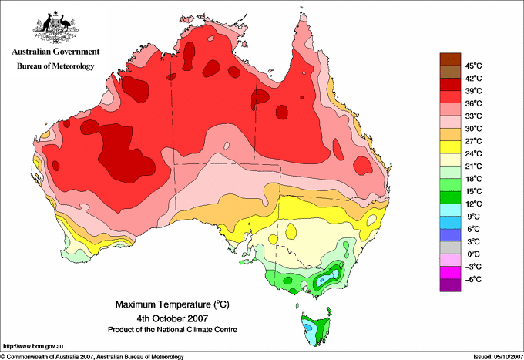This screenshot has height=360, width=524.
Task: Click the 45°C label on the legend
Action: pyautogui.click(x=474, y=66)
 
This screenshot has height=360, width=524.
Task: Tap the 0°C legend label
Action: pyautogui.click(x=474, y=254)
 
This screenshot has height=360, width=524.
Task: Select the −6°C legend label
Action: pyautogui.click(x=473, y=279)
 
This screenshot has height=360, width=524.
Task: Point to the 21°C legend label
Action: pyautogui.click(x=474, y=167)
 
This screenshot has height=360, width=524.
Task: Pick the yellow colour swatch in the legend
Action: pyautogui.click(x=450, y=147)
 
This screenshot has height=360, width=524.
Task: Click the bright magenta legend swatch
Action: pyautogui.click(x=450, y=273)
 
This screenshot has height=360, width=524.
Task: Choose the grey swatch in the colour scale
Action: pyautogui.click(x=450, y=247)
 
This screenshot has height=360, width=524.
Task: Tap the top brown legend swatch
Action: pyautogui.click(x=450, y=59)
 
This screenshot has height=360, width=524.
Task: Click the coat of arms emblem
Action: pyautogui.click(x=55, y=28)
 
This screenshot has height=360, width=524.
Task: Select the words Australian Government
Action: pyautogui.click(x=55, y=52)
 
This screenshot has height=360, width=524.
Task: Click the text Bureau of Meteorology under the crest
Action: pyautogui.click(x=55, y=66)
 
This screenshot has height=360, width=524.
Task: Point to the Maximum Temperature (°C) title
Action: pyautogui.click(x=173, y=304)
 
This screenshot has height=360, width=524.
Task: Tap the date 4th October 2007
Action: pyautogui.click(x=173, y=318)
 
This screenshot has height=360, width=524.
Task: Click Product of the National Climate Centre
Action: pyautogui.click(x=173, y=330)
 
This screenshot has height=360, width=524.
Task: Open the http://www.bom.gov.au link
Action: pyautogui.click(x=33, y=347)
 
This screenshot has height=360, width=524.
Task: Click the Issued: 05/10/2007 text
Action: pyautogui.click(x=498, y=357)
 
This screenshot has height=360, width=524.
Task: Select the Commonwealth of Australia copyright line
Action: pyautogui.click(x=92, y=357)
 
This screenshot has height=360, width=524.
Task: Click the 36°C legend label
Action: pyautogui.click(x=474, y=103)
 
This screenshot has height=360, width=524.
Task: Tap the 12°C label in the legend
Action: pyautogui.click(x=474, y=204)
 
